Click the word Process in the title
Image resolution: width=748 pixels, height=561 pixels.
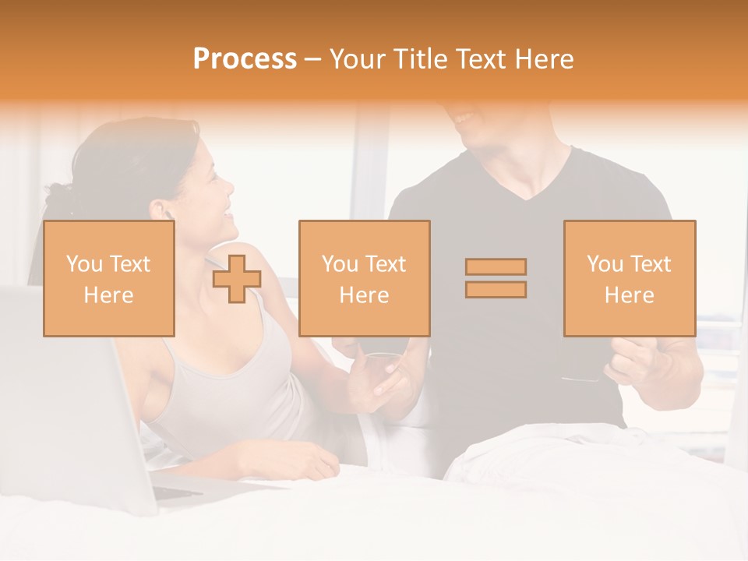(245, 59)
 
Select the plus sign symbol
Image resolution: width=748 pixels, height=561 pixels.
(237, 278)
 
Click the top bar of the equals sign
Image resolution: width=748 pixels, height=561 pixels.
(496, 266)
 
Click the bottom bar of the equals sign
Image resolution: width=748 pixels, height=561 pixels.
(496, 290)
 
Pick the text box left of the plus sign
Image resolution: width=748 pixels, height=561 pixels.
(108, 278)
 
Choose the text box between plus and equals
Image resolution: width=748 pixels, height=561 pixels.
(364, 278)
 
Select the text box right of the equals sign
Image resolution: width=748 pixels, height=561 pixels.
(629, 278)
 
